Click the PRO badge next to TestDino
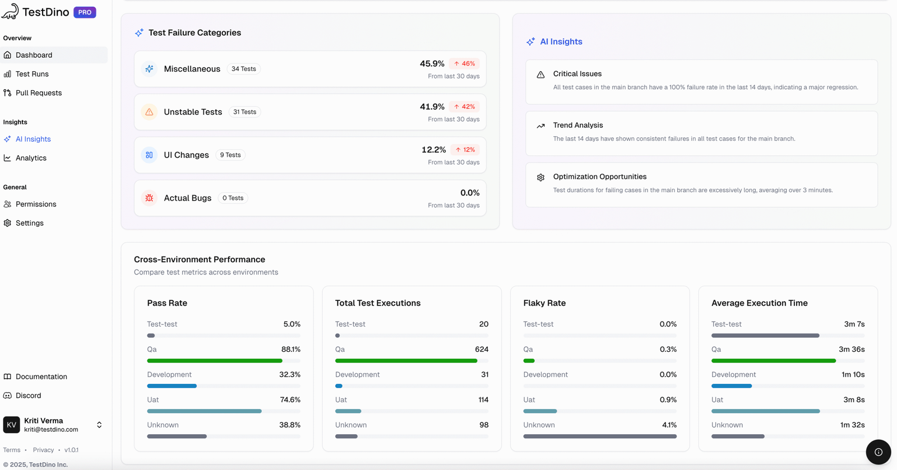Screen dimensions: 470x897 click(85, 12)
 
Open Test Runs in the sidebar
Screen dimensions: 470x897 click(32, 74)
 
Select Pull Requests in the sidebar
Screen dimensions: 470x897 click(38, 93)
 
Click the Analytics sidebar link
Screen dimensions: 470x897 click(31, 158)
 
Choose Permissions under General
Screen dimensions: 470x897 click(36, 204)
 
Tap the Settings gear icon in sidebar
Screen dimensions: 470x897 click(7, 223)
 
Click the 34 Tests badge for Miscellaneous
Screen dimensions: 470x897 click(243, 69)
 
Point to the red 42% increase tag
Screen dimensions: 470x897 click(464, 106)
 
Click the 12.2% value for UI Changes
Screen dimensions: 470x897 click(433, 150)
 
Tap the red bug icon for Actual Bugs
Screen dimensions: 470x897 click(149, 198)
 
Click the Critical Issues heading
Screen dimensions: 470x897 click(577, 74)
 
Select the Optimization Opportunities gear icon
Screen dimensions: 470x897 click(540, 178)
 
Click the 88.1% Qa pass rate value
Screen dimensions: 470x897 click(290, 350)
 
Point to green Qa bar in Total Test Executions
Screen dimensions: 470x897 click(406, 361)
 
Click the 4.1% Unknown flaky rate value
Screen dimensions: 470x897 click(669, 425)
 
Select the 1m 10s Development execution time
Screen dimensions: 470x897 click(852, 375)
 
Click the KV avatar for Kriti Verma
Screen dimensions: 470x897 click(11, 425)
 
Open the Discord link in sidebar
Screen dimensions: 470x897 click(28, 395)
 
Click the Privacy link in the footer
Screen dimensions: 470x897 click(43, 450)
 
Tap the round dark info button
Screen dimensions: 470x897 click(878, 452)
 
